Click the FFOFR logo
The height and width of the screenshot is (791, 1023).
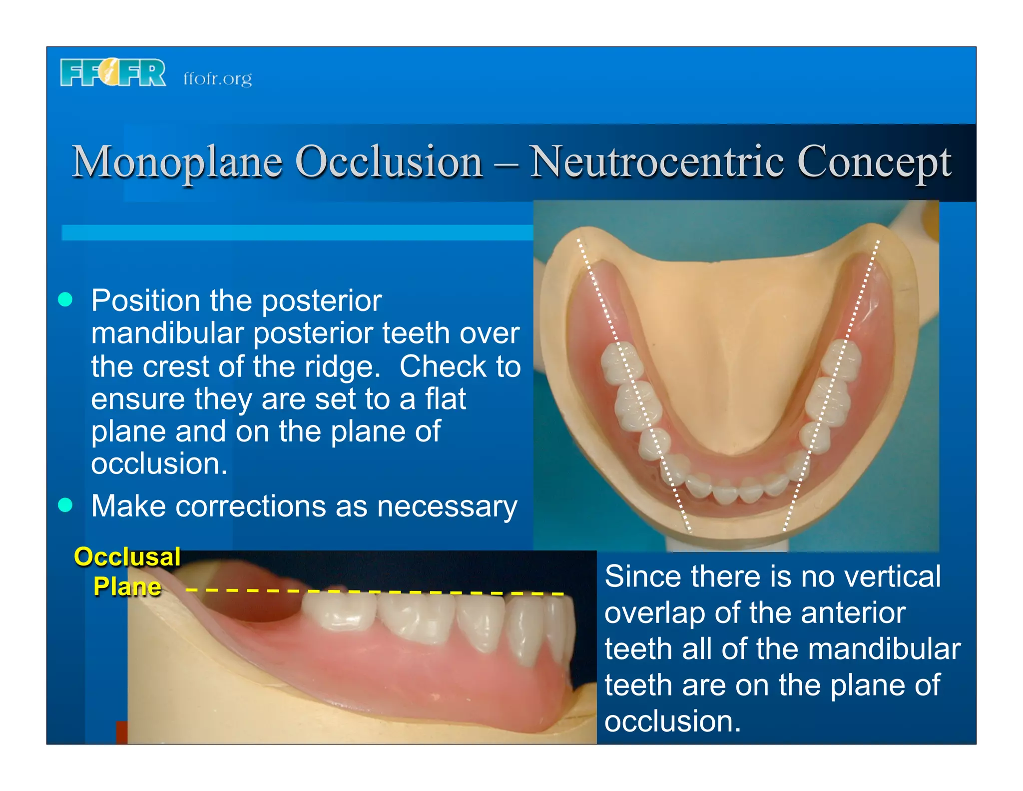[x=113, y=72]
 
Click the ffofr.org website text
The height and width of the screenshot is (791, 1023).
[x=217, y=78]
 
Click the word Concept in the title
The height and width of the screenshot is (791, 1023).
[x=874, y=162]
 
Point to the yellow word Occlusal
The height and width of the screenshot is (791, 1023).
[x=127, y=556]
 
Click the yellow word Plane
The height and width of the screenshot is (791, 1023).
[x=127, y=586]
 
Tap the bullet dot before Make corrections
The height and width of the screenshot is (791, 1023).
[x=65, y=505]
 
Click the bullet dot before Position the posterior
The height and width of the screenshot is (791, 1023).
[x=65, y=299]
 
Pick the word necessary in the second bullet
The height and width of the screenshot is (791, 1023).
[x=447, y=507]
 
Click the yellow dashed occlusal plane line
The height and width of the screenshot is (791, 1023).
[x=375, y=591]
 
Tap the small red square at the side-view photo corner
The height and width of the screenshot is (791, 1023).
[x=122, y=732]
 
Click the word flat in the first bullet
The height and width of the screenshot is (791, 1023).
[x=446, y=399]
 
